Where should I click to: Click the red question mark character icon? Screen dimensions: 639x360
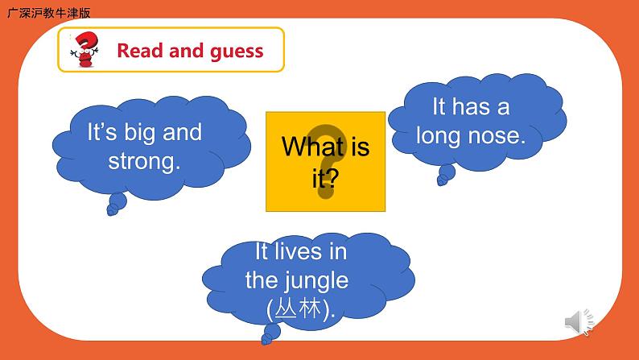click(x=85, y=49)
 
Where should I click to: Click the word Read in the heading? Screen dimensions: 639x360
click(x=140, y=51)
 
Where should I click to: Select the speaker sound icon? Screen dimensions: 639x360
click(x=579, y=322)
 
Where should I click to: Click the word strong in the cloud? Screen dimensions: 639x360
click(x=144, y=161)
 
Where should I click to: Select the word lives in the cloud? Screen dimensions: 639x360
click(x=299, y=251)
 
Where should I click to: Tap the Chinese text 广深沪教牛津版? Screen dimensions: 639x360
click(x=49, y=13)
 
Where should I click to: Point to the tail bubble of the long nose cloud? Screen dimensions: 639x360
click(x=446, y=175)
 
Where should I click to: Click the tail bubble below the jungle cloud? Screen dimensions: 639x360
click(x=270, y=334)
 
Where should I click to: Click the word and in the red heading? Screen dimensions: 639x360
click(x=186, y=51)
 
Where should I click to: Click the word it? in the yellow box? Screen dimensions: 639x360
click(x=325, y=178)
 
